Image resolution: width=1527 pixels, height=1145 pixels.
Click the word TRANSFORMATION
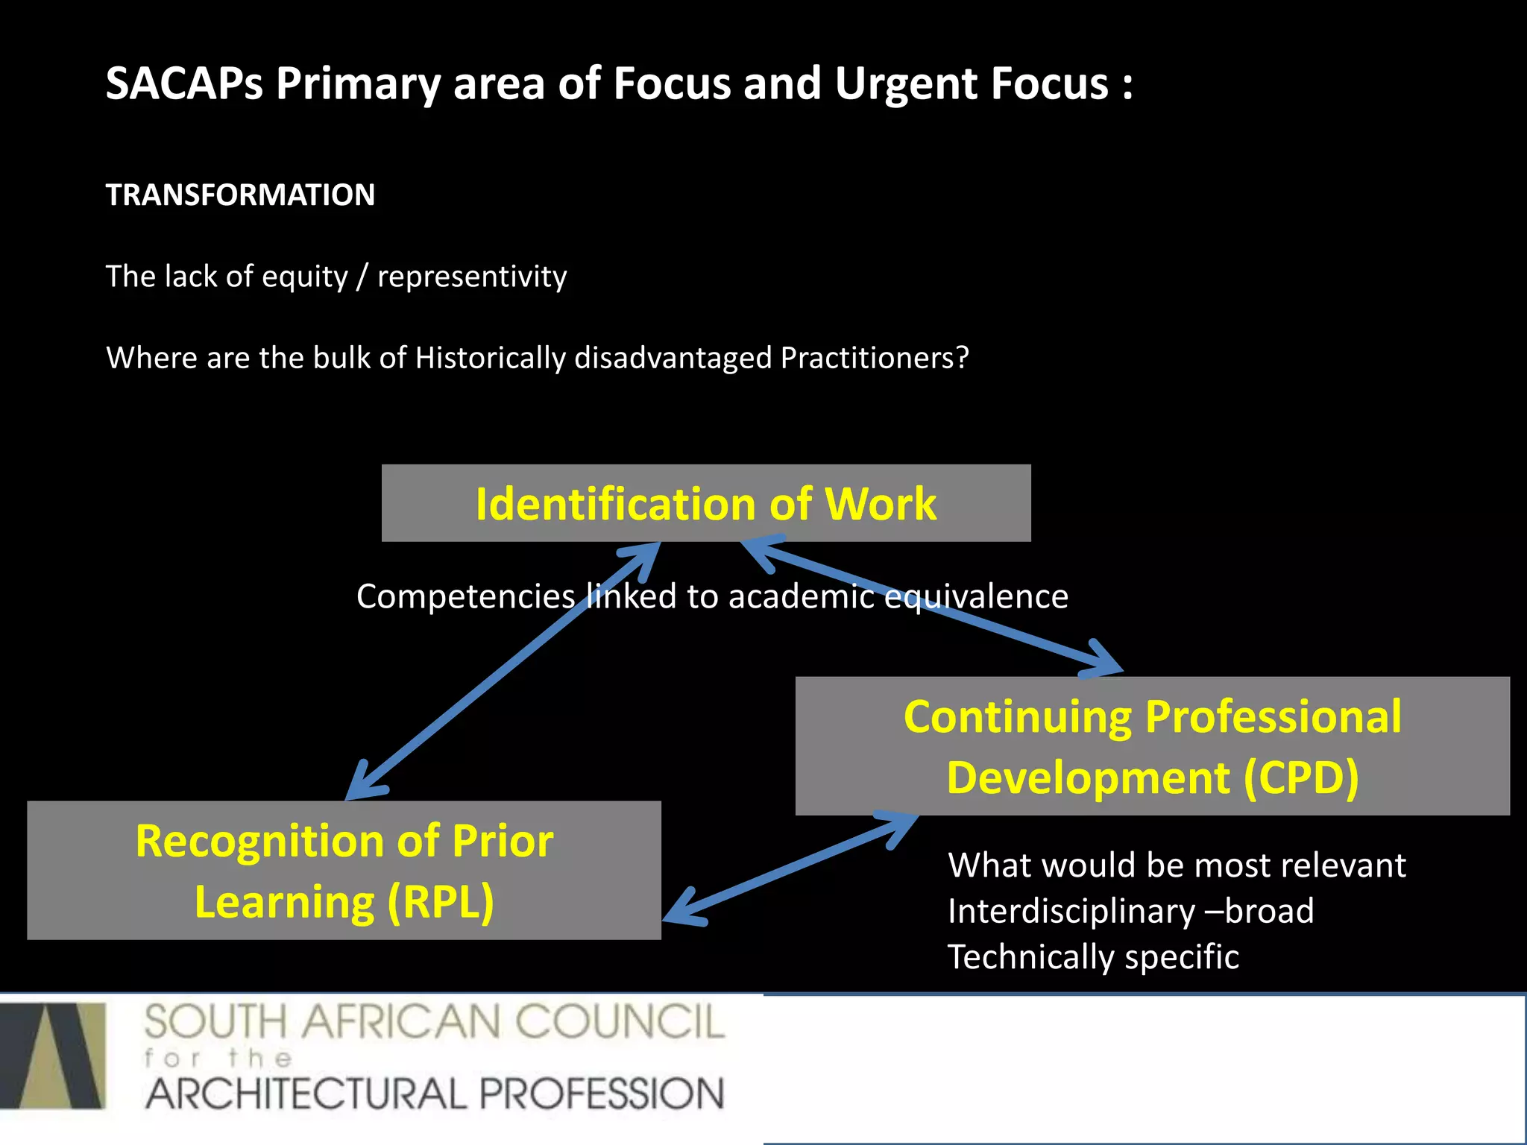pyautogui.click(x=240, y=195)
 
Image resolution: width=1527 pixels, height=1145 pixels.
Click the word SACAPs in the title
pyautogui.click(x=184, y=83)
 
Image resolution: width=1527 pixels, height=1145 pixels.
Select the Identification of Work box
pyautogui.click(x=706, y=504)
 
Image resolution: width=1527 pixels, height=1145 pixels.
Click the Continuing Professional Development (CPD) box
pyautogui.click(x=1152, y=746)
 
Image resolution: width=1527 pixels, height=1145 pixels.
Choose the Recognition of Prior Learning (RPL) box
pyautogui.click(x=344, y=871)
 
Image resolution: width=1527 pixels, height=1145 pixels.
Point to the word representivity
pyautogui.click(x=472, y=277)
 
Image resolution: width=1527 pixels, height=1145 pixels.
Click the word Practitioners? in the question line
pyautogui.click(x=875, y=358)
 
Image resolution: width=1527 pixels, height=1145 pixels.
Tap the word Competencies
pyautogui.click(x=465, y=596)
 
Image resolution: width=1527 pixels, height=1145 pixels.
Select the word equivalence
pyautogui.click(x=976, y=596)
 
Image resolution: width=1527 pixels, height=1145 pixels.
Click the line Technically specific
pyautogui.click(x=1093, y=957)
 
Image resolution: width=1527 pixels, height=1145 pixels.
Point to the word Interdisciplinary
pyautogui.click(x=1071, y=911)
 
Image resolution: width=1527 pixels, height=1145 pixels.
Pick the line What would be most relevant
pyautogui.click(x=1177, y=865)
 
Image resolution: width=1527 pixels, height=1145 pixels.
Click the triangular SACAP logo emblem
pyautogui.click(x=54, y=1056)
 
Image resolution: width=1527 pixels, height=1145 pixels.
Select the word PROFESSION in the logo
pyautogui.click(x=602, y=1094)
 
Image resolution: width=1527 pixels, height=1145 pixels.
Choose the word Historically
pyautogui.click(x=490, y=358)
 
